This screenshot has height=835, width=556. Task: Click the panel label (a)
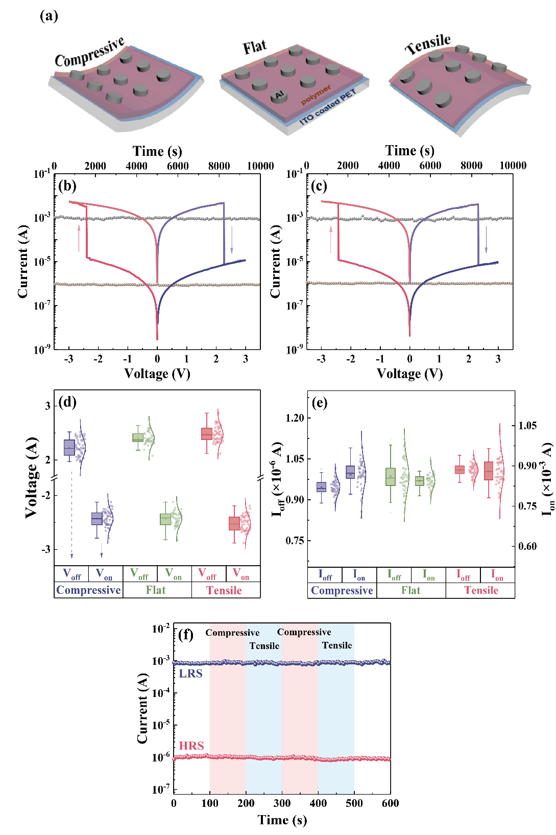click(x=49, y=16)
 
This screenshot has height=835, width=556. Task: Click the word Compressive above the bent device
click(x=89, y=52)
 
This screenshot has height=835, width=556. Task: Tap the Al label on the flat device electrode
click(x=279, y=95)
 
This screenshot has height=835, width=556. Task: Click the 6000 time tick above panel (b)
click(x=178, y=166)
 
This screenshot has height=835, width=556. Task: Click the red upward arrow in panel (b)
click(x=79, y=238)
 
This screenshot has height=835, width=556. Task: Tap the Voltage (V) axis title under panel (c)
click(x=409, y=374)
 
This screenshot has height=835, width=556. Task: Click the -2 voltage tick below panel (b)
click(x=98, y=359)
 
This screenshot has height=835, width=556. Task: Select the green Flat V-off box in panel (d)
click(x=138, y=438)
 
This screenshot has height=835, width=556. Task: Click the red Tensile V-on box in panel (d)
click(x=234, y=523)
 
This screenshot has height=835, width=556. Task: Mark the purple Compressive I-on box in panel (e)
click(x=350, y=472)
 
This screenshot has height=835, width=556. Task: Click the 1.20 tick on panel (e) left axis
click(x=295, y=418)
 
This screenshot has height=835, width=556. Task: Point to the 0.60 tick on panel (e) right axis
click(x=527, y=546)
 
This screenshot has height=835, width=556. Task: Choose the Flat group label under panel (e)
click(x=410, y=590)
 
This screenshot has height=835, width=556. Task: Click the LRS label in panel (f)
click(x=190, y=674)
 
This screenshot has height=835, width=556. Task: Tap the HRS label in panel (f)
click(x=191, y=746)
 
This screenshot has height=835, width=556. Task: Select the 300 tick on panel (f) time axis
click(x=282, y=803)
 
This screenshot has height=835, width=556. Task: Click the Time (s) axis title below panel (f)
click(x=282, y=820)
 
